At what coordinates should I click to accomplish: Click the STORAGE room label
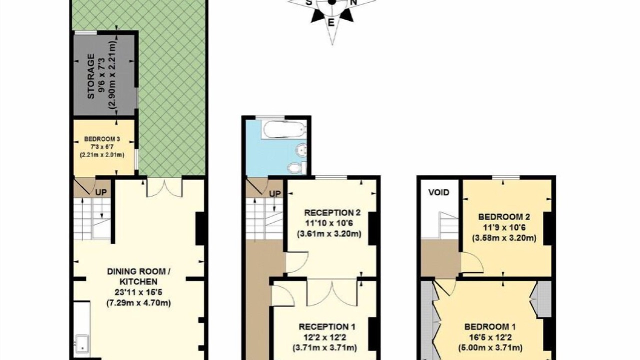tap(91, 76)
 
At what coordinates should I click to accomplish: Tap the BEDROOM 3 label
tap(102, 139)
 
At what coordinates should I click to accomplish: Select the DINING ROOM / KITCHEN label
tap(138, 276)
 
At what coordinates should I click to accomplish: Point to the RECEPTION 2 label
tap(332, 212)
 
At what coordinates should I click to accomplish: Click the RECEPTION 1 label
tap(327, 326)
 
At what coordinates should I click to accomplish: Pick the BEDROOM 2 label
tap(504, 217)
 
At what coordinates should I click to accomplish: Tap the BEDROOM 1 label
tap(490, 326)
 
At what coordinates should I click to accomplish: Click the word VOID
tap(439, 192)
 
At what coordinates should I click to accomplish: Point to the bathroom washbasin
tap(301, 149)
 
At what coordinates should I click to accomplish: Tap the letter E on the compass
tap(331, 22)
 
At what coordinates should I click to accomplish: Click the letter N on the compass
tap(353, 2)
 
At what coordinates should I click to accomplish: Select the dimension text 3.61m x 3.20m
tap(329, 234)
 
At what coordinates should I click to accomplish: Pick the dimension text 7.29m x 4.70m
tap(138, 302)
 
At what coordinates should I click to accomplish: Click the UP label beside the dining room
tap(101, 192)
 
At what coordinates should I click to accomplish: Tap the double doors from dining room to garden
tap(164, 188)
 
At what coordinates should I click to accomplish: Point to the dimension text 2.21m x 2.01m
tap(102, 155)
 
